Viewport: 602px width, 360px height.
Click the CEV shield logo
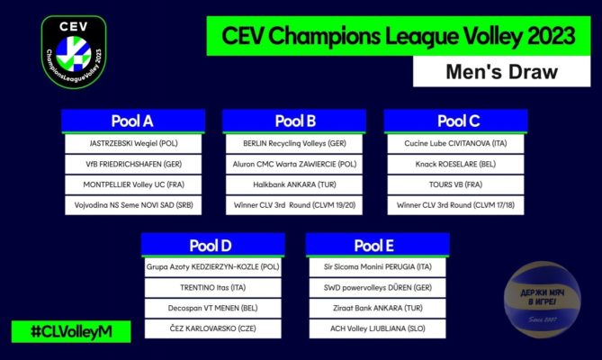click(x=74, y=52)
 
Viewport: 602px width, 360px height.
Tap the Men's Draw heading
click(x=501, y=72)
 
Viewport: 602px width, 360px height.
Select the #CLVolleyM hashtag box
click(x=71, y=331)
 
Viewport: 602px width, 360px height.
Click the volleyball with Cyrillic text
click(x=542, y=300)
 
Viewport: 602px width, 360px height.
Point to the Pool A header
click(x=133, y=121)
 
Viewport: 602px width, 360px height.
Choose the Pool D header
click(x=212, y=245)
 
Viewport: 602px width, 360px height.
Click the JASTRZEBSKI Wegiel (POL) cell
click(x=133, y=143)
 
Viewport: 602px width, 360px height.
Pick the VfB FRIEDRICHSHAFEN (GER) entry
click(x=133, y=165)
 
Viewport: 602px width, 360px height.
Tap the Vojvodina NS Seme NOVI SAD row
click(x=133, y=205)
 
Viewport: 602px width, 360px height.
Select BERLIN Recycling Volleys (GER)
click(x=294, y=143)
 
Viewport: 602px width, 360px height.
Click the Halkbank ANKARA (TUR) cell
click(x=294, y=184)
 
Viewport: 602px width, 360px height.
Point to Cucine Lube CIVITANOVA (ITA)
click(x=455, y=143)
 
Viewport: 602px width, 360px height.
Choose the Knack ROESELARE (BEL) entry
click(x=455, y=165)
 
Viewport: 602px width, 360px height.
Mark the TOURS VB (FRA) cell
click(x=455, y=184)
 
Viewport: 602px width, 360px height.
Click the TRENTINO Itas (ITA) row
click(x=212, y=287)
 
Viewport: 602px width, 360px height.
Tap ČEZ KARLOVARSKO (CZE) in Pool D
click(x=212, y=328)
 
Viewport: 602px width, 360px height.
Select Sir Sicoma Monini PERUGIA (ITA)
click(x=377, y=267)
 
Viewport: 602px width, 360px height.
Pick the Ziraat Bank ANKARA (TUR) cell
click(x=377, y=308)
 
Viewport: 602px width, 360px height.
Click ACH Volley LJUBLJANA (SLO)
click(x=377, y=328)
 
